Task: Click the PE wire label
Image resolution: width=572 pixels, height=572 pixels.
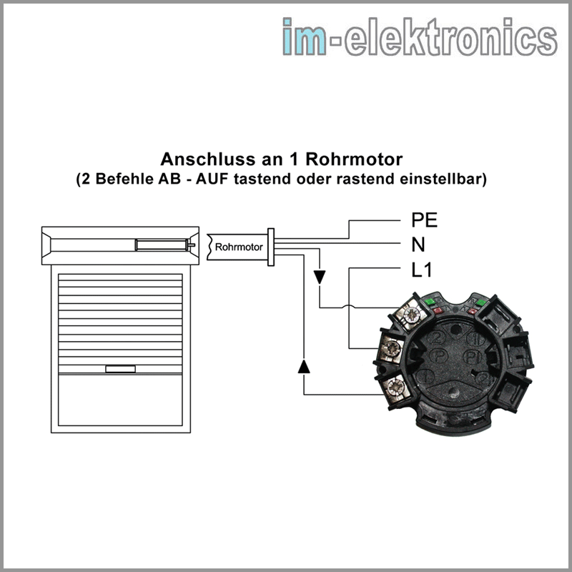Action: click(424, 220)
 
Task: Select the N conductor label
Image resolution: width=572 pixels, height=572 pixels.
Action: click(418, 245)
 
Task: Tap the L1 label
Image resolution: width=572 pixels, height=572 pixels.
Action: click(421, 270)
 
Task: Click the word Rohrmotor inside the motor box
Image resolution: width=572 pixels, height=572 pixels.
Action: click(239, 247)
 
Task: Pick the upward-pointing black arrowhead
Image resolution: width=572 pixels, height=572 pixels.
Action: click(304, 366)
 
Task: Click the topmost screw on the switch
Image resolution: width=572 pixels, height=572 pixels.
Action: click(413, 314)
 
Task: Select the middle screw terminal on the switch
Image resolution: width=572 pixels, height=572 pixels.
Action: click(393, 348)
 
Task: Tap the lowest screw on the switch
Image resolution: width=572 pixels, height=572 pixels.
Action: click(395, 387)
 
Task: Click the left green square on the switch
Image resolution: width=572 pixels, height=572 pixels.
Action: click(430, 301)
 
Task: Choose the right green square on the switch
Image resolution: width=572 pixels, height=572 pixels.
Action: click(480, 302)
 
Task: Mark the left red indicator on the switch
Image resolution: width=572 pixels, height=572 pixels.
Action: click(438, 310)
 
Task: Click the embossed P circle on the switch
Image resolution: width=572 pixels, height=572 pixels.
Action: click(438, 355)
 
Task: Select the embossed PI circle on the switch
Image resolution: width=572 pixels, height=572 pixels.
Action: click(473, 356)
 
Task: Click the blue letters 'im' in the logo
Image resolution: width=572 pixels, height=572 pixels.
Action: click(305, 36)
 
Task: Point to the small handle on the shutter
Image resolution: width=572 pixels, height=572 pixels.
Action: click(120, 369)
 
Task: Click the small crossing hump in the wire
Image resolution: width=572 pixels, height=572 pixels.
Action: click(349, 307)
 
